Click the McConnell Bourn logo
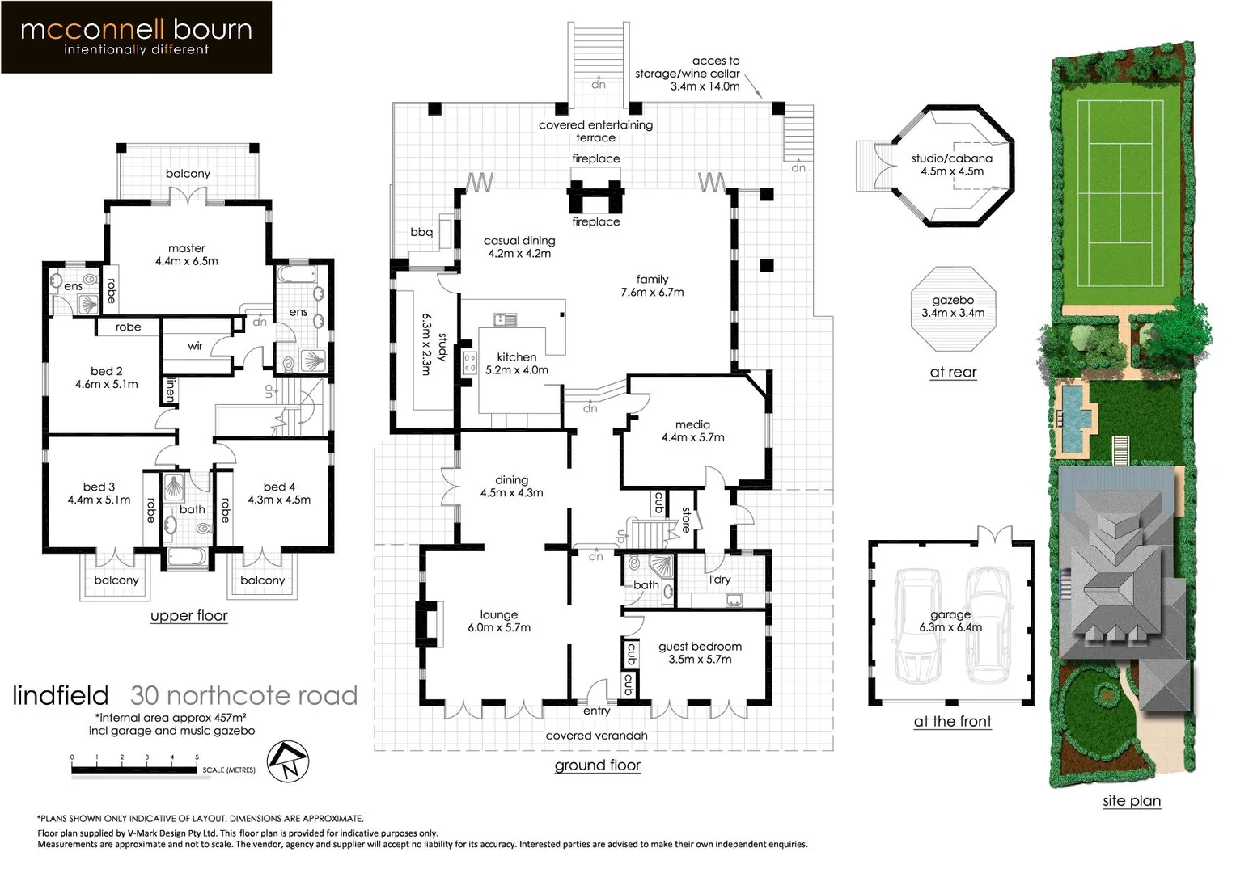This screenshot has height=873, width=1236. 136,37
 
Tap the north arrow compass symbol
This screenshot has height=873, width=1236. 288,761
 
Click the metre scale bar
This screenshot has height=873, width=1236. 134,770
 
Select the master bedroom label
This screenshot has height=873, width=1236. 187,255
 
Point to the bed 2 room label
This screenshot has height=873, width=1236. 106,377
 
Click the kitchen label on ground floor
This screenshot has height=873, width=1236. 517,364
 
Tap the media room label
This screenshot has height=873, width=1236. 692,431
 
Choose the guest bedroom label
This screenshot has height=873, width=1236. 700,652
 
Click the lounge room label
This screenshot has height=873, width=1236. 499,621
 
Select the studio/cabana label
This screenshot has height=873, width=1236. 952,165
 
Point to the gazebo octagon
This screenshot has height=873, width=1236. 953,308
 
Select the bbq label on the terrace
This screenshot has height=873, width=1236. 421,233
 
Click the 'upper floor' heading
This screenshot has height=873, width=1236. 188,616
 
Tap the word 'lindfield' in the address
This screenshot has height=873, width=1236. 61,696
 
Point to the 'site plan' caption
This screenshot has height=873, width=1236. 1132,801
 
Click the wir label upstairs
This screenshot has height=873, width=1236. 195,346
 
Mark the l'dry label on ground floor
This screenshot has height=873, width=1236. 720,580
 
